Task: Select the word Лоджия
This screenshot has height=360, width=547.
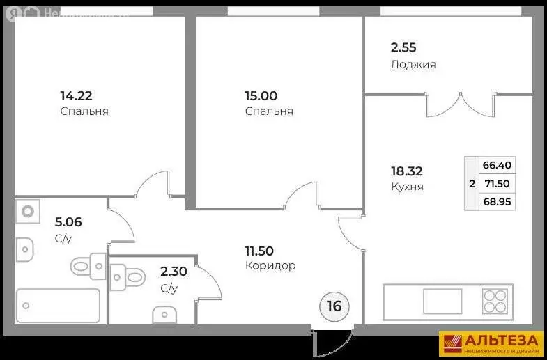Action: click(x=413, y=65)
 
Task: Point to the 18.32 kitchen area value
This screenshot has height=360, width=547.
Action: click(x=407, y=171)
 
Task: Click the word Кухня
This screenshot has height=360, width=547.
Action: click(x=407, y=187)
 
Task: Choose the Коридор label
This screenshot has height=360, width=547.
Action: click(x=270, y=265)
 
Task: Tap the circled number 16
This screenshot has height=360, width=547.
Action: click(x=334, y=306)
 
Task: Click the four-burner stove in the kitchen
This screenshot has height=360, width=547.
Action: click(x=495, y=302)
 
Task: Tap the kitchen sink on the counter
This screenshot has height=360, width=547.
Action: click(x=442, y=302)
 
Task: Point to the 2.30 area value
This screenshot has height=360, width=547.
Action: click(x=174, y=272)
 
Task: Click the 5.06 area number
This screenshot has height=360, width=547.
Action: click(x=68, y=223)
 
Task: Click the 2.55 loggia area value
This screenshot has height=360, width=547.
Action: click(x=403, y=49)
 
